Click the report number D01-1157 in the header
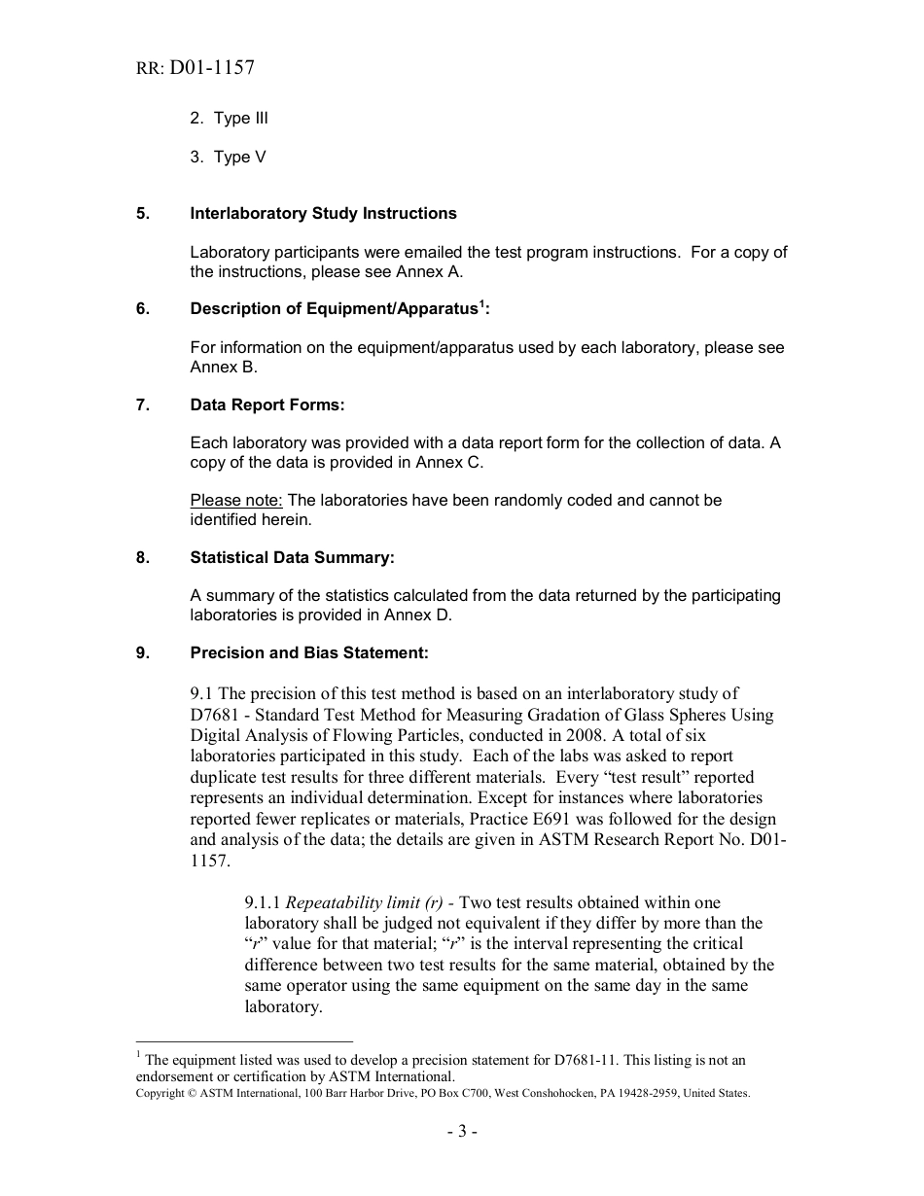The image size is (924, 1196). pos(211,68)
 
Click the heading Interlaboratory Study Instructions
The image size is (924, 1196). pos(323,213)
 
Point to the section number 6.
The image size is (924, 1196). pos(142,309)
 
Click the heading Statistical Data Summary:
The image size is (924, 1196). pos(292,557)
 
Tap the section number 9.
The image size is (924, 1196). pos(142,652)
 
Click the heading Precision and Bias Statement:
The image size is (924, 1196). pos(308,652)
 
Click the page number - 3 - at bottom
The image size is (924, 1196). pos(462,1131)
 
